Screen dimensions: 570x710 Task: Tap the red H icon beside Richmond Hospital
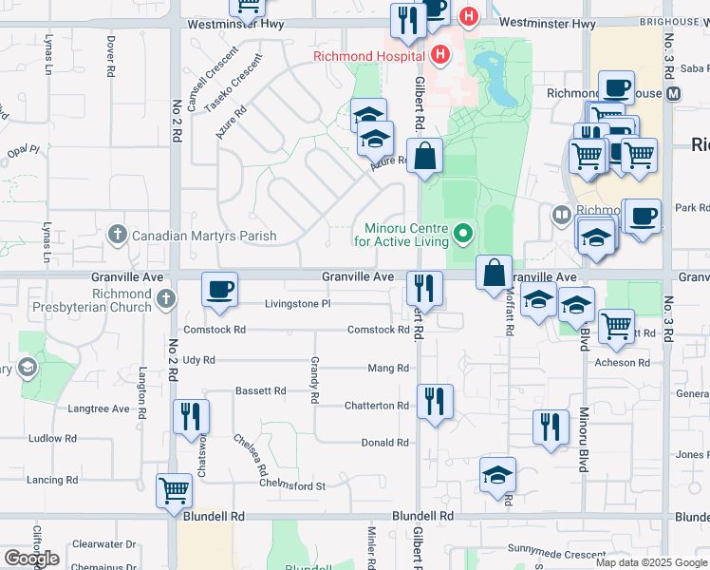coord(438,55)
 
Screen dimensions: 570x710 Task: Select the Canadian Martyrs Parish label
coord(204,236)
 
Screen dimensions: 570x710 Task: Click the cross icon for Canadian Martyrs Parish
coord(117,235)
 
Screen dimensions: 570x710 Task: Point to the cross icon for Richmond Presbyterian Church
coord(166,300)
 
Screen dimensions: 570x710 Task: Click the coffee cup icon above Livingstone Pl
coord(220,289)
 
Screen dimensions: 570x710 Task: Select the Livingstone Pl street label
coord(297,304)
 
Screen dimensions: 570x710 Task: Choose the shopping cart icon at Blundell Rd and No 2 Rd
coord(175,492)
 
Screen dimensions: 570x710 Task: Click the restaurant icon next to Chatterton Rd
coord(435,400)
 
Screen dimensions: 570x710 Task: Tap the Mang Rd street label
coord(387,368)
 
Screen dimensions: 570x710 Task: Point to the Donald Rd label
coord(384,443)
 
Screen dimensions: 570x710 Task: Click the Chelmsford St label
coord(293,485)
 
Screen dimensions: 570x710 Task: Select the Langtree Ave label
coord(99,408)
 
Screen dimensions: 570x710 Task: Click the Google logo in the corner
coord(31,559)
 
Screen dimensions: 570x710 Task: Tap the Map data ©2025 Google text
coord(650,562)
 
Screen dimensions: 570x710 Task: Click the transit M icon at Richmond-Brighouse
coord(674,93)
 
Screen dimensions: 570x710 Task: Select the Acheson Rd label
coord(622,363)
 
